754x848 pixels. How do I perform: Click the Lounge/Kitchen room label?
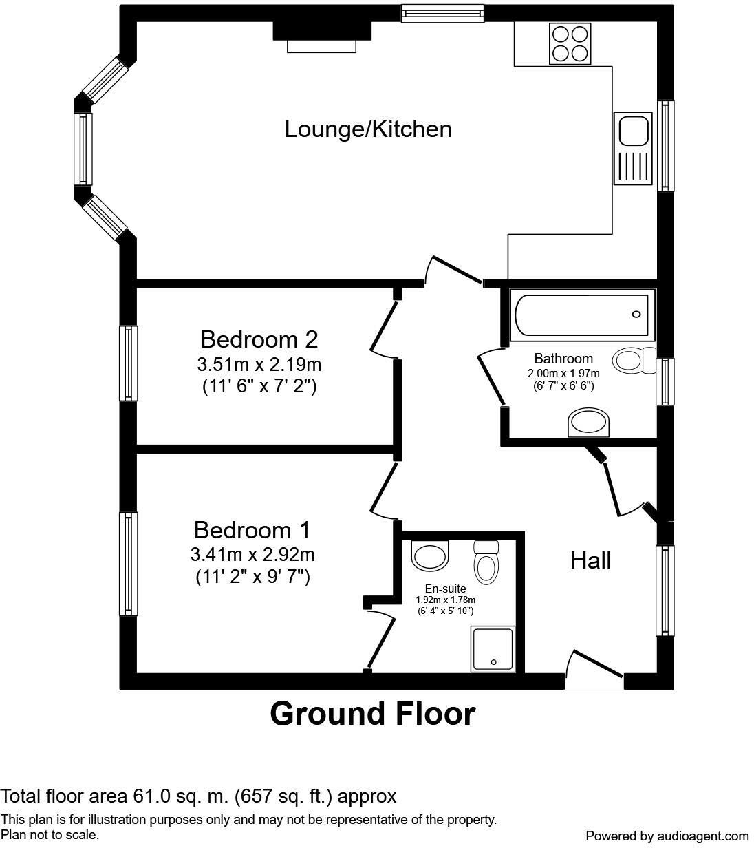[368, 129]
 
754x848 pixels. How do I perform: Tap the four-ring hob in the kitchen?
[570, 43]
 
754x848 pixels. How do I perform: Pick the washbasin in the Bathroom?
[588, 423]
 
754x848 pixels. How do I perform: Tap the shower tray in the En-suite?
[493, 648]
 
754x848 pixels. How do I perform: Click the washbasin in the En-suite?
[429, 555]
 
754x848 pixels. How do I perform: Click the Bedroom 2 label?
[259, 339]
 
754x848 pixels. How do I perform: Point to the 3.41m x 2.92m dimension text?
[252, 554]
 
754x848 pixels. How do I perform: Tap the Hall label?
[590, 560]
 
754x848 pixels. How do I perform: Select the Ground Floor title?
[372, 714]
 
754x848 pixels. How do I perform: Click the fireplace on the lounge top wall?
[322, 36]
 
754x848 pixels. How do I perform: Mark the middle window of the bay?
[83, 149]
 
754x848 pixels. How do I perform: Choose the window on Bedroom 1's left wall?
[129, 564]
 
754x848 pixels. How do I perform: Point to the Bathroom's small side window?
[665, 381]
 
